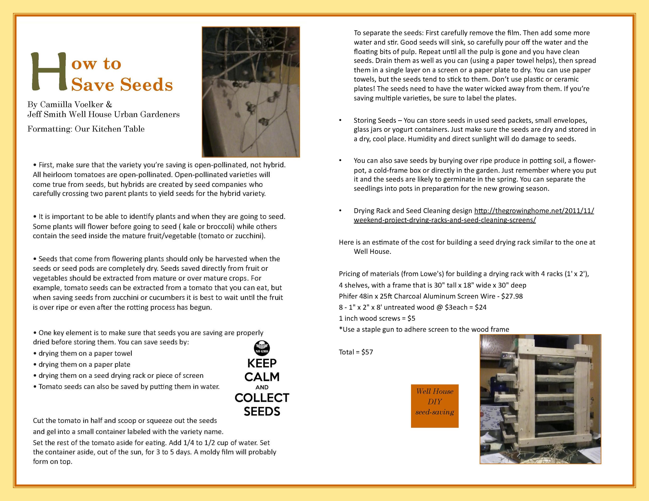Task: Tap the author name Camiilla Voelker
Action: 72,105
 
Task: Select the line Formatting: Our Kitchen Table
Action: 86,129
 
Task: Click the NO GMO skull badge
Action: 262,348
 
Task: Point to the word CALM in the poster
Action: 262,377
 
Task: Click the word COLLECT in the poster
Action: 262,398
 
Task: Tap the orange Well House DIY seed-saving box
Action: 434,406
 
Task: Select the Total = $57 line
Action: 356,352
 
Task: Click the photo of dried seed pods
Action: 251,92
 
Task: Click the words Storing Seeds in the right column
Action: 375,120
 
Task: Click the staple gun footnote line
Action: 424,329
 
